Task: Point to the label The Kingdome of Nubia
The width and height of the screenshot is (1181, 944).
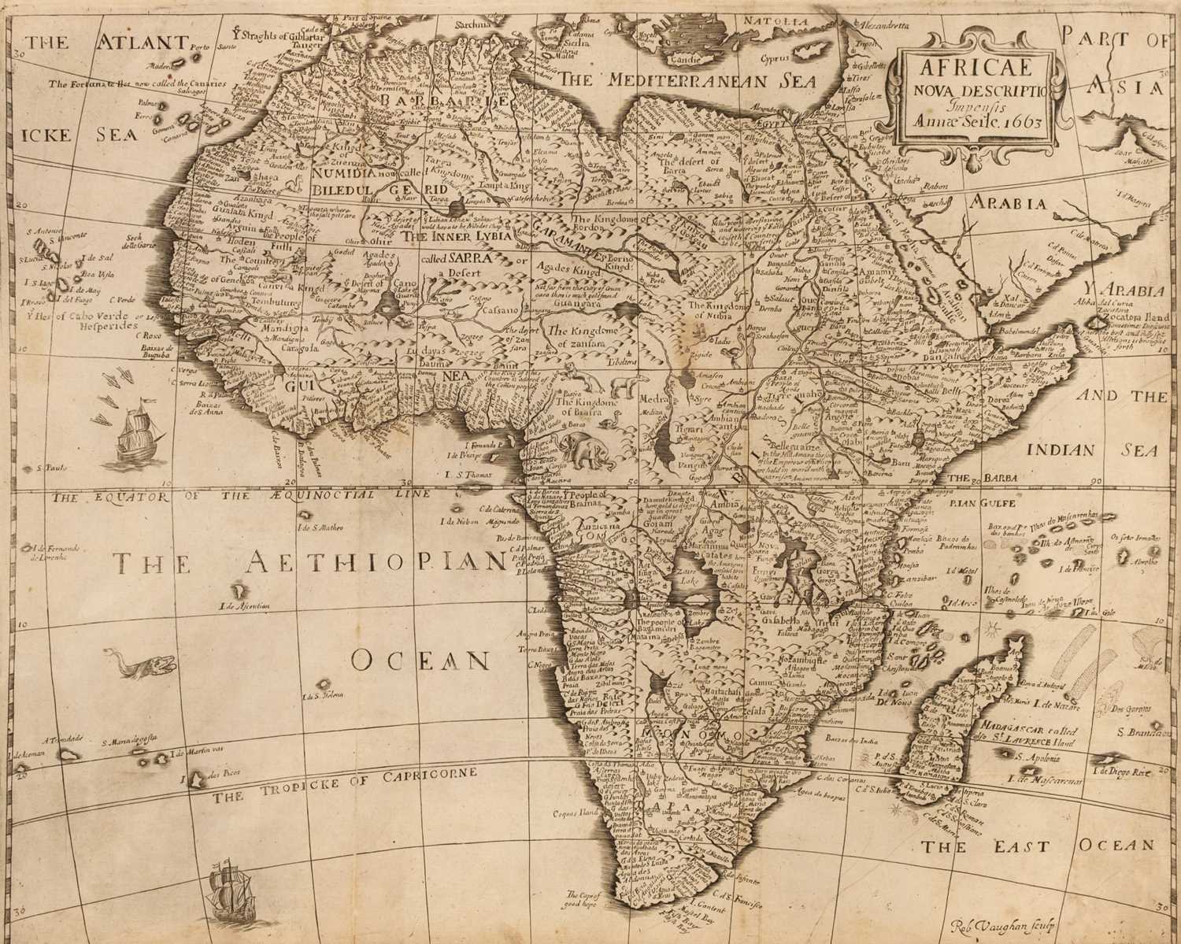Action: pos(716,310)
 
